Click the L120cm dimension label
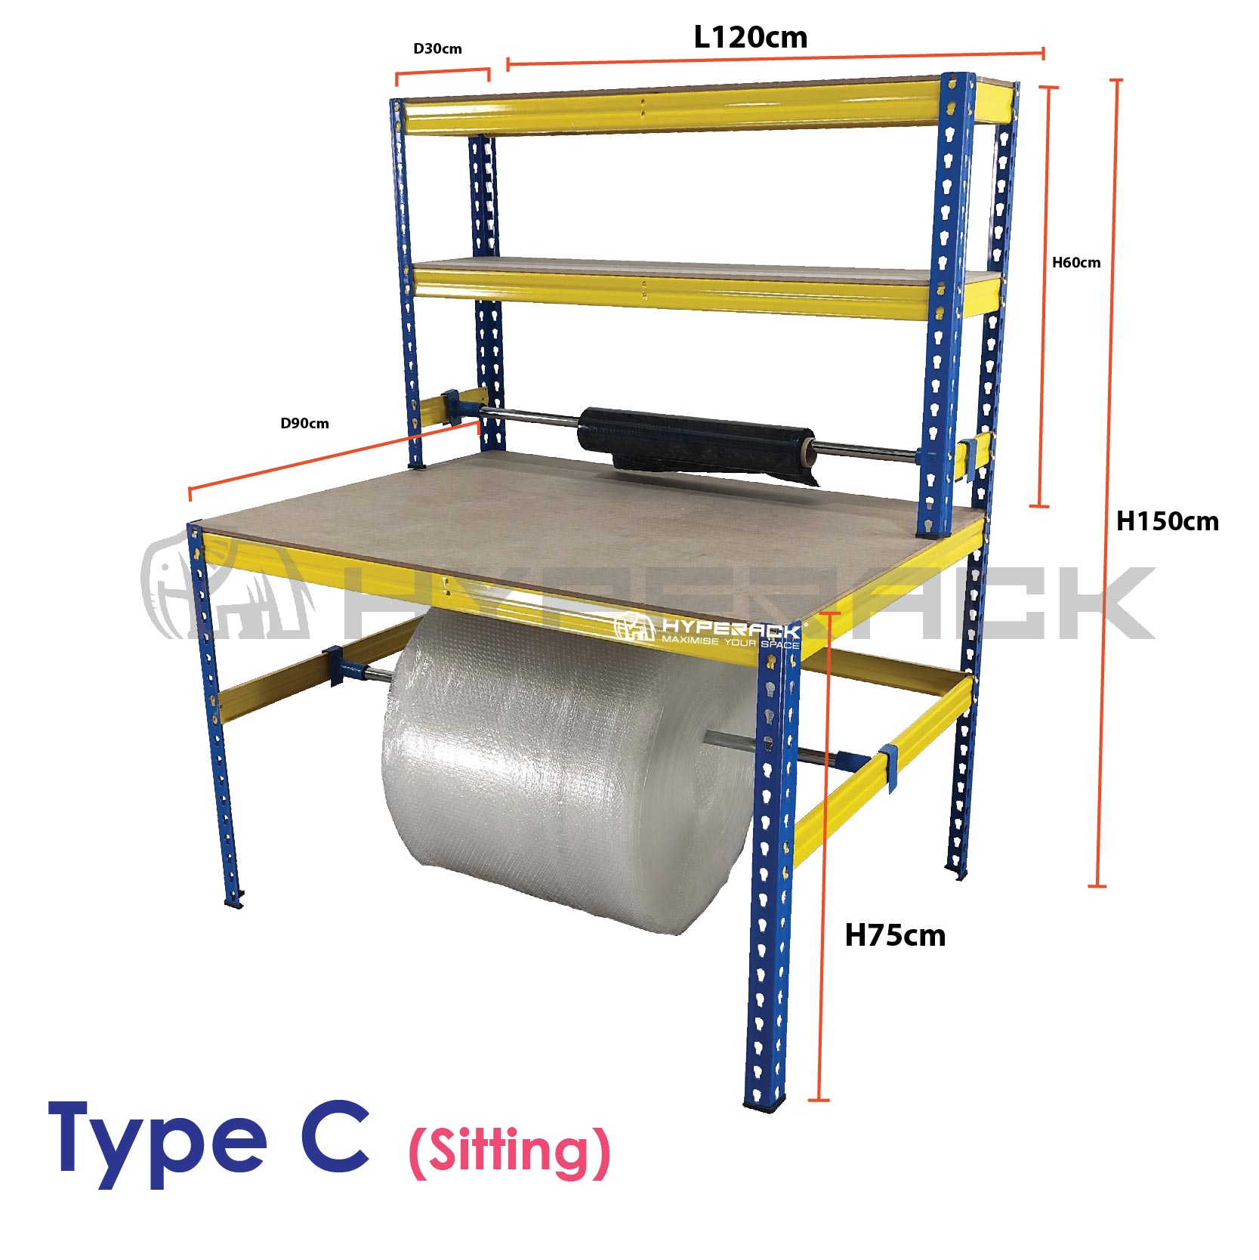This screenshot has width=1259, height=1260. tap(751, 37)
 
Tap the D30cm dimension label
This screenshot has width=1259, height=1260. tap(437, 49)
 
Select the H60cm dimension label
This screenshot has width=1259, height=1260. tap(1076, 263)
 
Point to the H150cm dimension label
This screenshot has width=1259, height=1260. tap(1168, 521)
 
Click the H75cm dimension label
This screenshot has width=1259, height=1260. tap(895, 935)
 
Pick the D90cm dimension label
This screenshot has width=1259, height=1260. tap(304, 424)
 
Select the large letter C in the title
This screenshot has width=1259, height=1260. tap(335, 1135)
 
